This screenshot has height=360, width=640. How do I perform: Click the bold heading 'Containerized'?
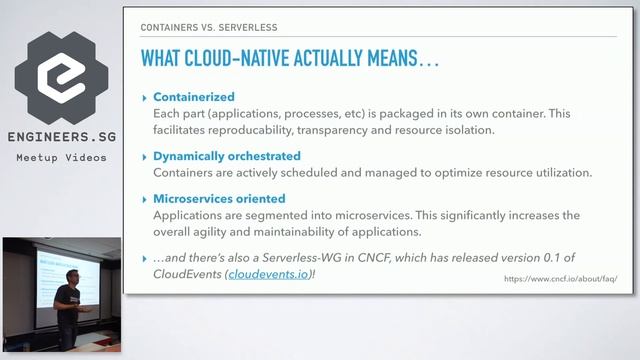tap(194, 98)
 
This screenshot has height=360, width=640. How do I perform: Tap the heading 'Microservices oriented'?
tap(219, 198)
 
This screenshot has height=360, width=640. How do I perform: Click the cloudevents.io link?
tap(267, 274)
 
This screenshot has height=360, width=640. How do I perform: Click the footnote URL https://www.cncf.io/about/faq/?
tap(561, 279)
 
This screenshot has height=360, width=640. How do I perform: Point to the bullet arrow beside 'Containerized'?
tap(144, 98)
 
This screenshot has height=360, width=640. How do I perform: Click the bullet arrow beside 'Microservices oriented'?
tap(144, 198)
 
